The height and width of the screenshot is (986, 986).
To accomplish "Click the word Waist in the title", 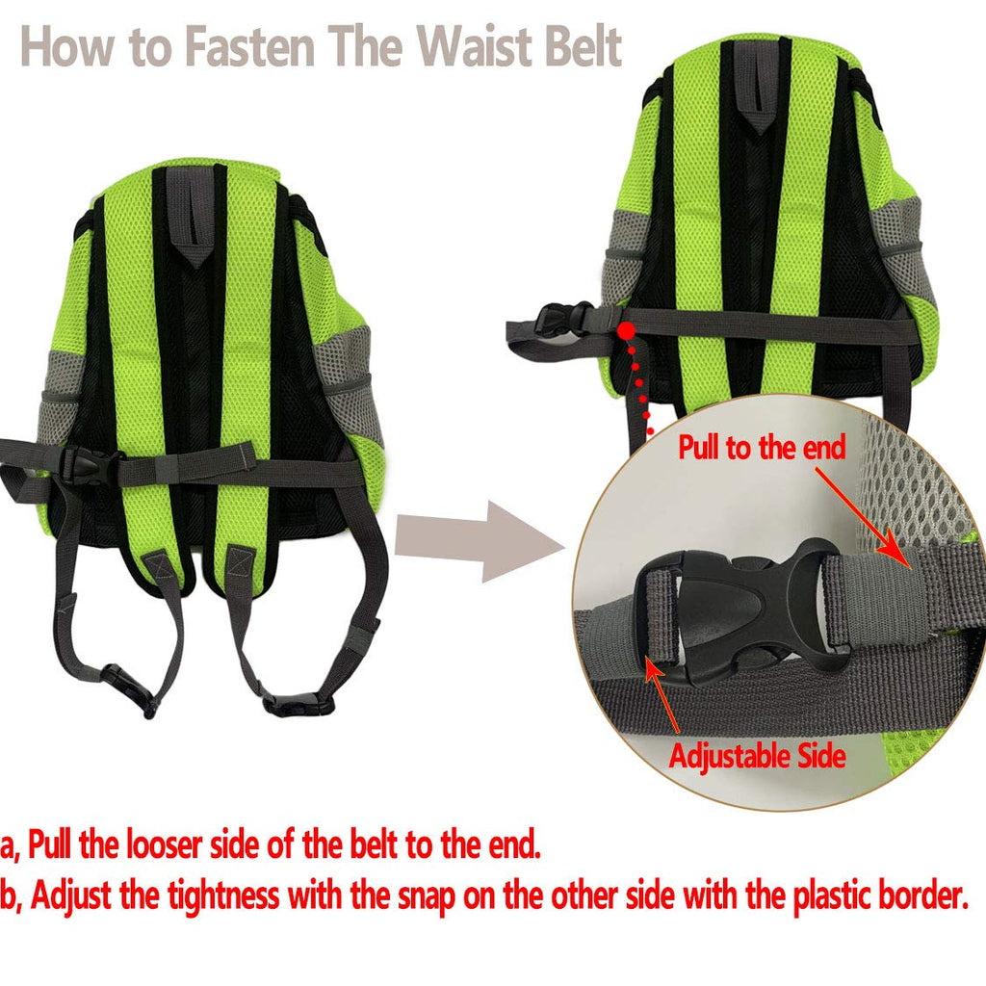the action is pyautogui.click(x=477, y=46).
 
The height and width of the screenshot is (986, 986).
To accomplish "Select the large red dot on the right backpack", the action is pyautogui.click(x=626, y=330).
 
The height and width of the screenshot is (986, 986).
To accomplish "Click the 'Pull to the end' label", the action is pyautogui.click(x=762, y=448).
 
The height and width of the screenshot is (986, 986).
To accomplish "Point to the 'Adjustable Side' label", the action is pyautogui.click(x=757, y=755).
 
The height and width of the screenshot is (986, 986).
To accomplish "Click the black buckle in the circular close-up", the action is pyautogui.click(x=736, y=610).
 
